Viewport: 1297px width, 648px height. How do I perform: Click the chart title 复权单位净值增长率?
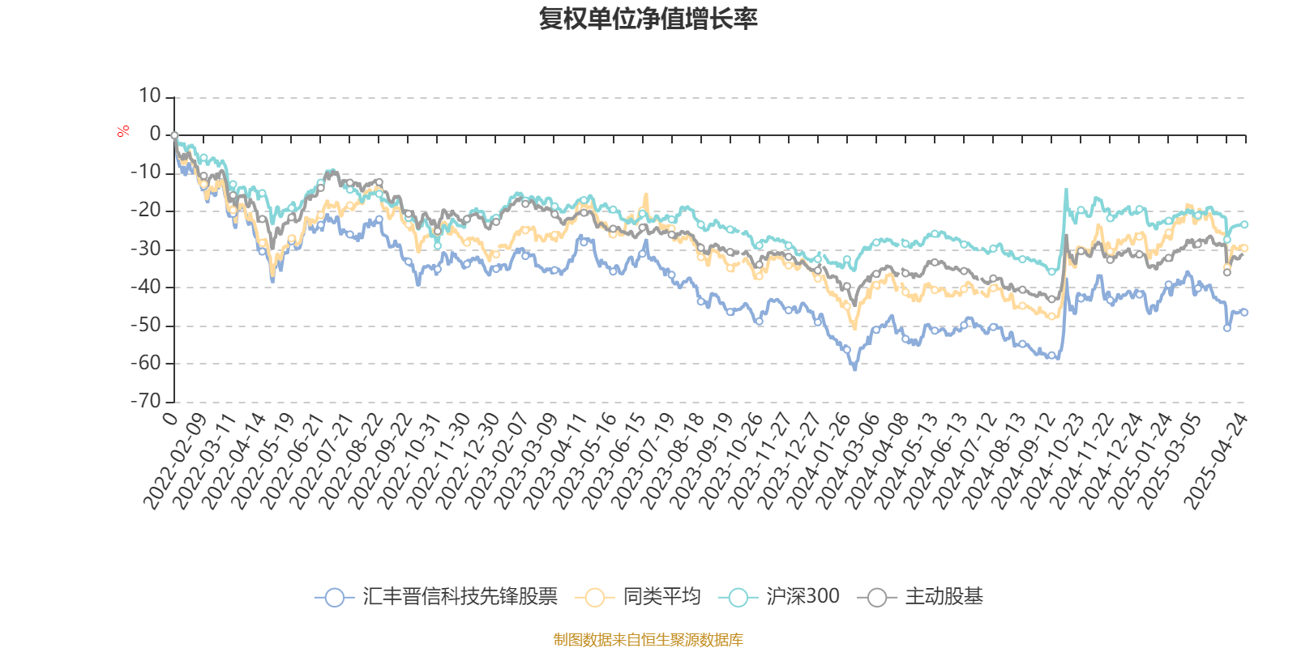648,19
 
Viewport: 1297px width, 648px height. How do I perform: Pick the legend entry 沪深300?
779,598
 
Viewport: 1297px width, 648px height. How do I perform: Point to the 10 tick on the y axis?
150,96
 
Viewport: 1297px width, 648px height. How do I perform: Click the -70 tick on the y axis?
146,401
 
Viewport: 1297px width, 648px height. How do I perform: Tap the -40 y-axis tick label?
146,287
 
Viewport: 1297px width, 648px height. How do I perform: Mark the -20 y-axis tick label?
146,211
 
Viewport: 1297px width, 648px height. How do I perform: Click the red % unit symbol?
123,131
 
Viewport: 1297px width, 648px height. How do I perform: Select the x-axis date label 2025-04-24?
1216,460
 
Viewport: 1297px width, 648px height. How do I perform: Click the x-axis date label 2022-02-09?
174,460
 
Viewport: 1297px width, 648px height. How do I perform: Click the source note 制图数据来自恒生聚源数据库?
648,640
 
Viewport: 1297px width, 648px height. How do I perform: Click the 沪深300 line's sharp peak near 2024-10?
1066,190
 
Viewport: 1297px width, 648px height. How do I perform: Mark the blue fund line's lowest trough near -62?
854,369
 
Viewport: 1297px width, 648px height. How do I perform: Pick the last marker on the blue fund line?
1244,312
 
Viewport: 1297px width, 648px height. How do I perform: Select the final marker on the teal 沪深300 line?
1244,224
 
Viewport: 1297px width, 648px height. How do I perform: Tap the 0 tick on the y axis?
156,134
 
